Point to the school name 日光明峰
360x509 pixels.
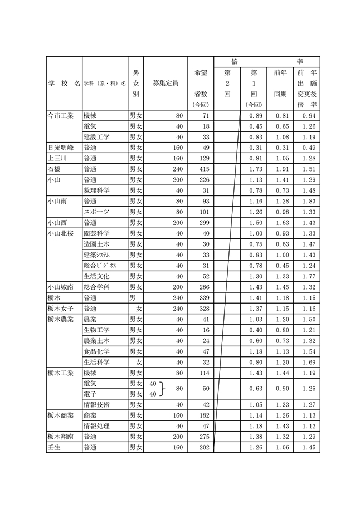click(61, 148)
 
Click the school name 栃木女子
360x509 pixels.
click(61, 308)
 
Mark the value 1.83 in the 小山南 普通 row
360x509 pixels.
click(308, 200)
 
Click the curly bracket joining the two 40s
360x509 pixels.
click(163, 388)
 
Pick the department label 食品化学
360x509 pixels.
click(96, 351)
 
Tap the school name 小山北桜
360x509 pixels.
click(61, 233)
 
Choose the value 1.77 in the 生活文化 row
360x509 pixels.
click(308, 276)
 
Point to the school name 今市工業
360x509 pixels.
click(61, 115)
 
